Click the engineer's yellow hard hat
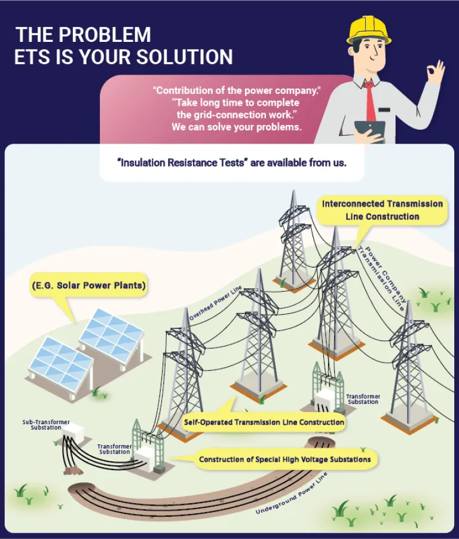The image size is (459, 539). pos(369,29)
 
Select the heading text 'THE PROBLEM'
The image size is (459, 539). pos(83,35)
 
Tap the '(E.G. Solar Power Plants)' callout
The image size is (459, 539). pos(88,286)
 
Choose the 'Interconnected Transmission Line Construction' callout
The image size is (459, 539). pos(382,210)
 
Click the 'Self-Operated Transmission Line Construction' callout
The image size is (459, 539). pos(264,422)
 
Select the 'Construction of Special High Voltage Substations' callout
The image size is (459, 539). pos(284,459)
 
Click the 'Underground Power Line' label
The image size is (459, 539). pos(292,494)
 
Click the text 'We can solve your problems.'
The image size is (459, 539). pos(236,127)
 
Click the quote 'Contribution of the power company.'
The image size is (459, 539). pos(237,91)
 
